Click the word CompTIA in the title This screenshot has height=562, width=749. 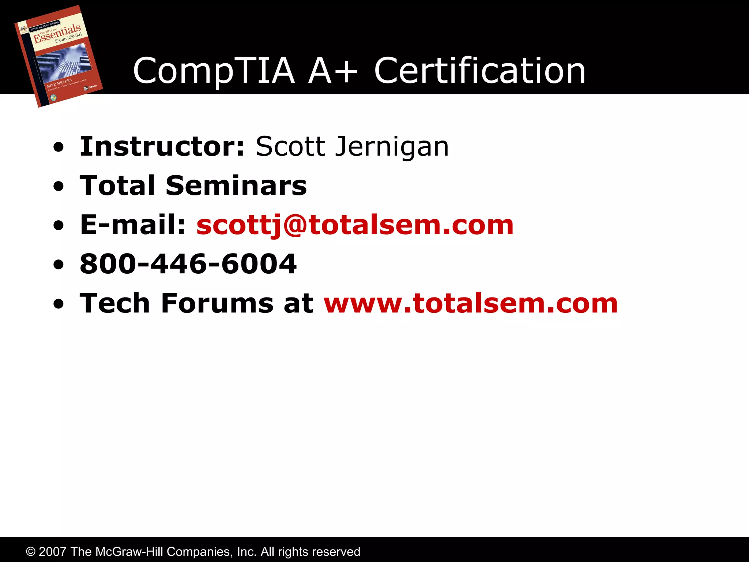point(214,71)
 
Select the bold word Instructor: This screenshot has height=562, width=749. point(162,146)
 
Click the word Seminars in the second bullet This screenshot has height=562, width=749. point(236,186)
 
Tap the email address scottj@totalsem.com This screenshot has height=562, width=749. point(355,225)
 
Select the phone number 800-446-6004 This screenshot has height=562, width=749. point(188,264)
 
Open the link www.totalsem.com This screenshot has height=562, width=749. point(471,303)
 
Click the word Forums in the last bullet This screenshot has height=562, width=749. point(217,303)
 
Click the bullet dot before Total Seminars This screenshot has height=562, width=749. point(58,187)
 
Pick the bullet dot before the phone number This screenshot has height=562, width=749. point(58,265)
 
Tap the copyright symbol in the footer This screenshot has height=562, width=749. point(31,552)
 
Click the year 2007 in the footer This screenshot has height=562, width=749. point(53,552)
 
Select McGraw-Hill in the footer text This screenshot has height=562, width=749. point(129,552)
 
